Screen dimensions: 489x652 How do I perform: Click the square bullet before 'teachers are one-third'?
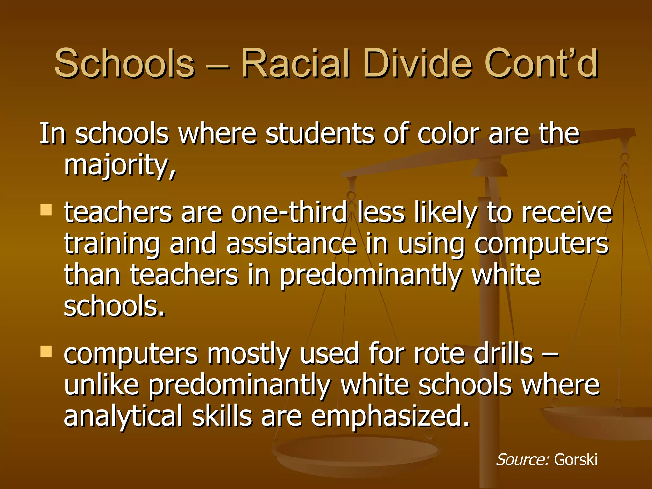(46, 210)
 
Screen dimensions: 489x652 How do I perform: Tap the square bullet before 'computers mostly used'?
(46, 351)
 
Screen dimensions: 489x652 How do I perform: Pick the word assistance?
(291, 244)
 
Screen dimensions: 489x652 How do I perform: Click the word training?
(112, 244)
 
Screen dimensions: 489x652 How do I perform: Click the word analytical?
(123, 416)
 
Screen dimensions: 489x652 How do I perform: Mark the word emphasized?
(390, 416)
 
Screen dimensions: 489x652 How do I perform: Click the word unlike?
(102, 385)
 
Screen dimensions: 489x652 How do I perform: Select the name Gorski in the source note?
(576, 460)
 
